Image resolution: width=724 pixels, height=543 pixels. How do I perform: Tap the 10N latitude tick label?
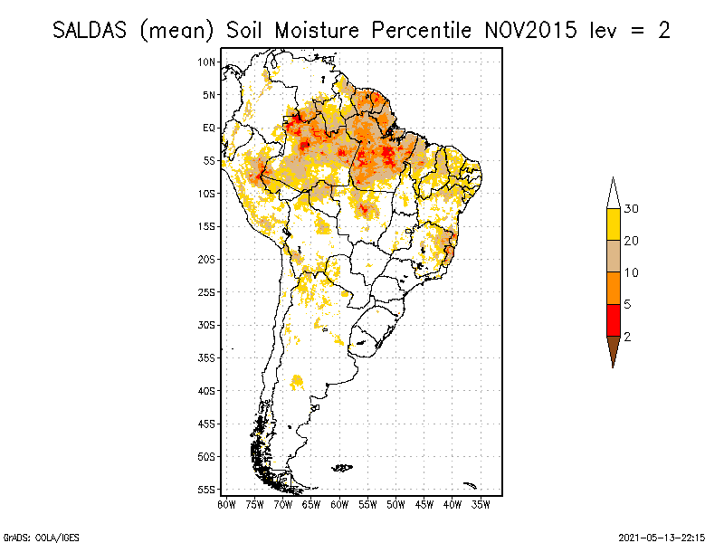pos(207,62)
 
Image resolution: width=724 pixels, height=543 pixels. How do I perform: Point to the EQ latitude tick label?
pos(209,128)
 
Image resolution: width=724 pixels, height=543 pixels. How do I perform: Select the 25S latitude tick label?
pos(207,291)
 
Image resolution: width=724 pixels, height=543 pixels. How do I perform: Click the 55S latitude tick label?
pos(207,489)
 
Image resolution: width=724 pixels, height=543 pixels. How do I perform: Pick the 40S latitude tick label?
pos(207,390)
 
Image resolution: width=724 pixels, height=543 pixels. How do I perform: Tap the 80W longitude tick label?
pos(226,503)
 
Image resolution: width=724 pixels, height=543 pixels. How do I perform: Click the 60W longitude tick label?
pos(339,503)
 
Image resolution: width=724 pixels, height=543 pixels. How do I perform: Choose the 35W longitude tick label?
pos(481,503)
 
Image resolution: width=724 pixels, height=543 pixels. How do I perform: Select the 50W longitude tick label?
pos(395,503)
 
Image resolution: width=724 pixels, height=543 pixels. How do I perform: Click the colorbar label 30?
pos(632,209)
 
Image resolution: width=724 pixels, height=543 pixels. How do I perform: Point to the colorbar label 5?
pos(628,304)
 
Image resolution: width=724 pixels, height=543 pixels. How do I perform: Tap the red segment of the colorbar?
pos(613,319)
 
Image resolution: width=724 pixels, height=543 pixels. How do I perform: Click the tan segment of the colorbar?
pos(613,256)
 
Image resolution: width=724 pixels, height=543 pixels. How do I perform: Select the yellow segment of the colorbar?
pos(613,224)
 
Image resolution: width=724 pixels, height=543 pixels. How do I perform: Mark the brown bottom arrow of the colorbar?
pos(613,350)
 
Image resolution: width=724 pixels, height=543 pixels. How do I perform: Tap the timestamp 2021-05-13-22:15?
pos(662,536)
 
